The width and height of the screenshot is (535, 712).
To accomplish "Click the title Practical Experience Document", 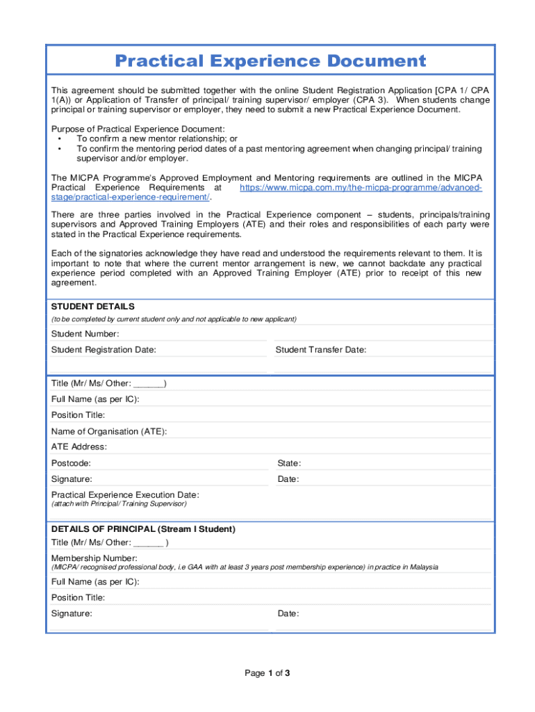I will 270,61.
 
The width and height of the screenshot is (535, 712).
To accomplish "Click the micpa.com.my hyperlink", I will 361,188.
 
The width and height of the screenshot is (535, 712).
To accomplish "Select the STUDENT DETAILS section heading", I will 93,307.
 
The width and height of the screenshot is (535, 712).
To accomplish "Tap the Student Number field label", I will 80,334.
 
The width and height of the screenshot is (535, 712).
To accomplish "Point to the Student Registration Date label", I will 104,350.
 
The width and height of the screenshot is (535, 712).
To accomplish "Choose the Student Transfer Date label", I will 320,350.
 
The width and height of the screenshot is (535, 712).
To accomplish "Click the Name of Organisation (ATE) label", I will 109,431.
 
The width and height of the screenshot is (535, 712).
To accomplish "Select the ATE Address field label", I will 79,447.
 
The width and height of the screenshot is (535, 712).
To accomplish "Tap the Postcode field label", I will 71,463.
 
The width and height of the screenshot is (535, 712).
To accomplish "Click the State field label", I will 289,463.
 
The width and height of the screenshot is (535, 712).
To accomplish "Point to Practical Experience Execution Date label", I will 125,495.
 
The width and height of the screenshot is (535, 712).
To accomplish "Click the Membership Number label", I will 94,558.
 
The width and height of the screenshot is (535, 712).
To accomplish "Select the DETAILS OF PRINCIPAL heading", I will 143,529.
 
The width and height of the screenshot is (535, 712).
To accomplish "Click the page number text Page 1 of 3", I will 267,673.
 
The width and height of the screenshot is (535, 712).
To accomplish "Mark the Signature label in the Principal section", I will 72,614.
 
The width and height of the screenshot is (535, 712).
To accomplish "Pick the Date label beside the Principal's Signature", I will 288,614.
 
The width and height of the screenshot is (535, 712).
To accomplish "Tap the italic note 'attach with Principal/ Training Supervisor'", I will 119,503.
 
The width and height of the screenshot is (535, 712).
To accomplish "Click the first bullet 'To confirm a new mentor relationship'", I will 156,139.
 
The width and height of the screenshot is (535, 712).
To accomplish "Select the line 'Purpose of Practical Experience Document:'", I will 138,129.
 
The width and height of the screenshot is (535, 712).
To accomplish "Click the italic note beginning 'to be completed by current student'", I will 174,319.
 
